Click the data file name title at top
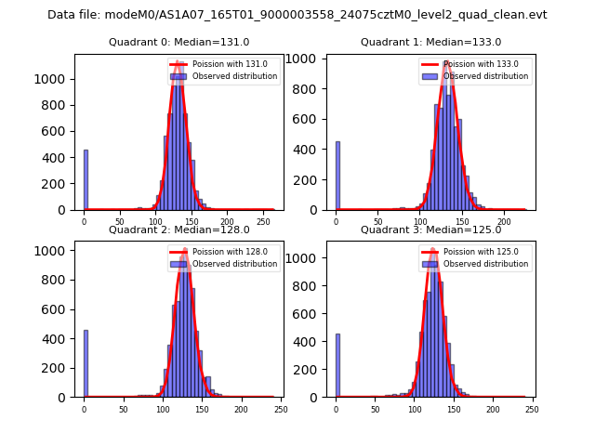click(x=297, y=15)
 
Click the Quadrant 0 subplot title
click(x=178, y=42)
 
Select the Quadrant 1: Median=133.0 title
click(x=430, y=42)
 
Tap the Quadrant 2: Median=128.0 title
click(x=178, y=230)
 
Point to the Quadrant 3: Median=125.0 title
click(x=430, y=230)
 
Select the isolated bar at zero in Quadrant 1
click(x=337, y=176)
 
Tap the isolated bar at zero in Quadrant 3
click(x=337, y=365)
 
